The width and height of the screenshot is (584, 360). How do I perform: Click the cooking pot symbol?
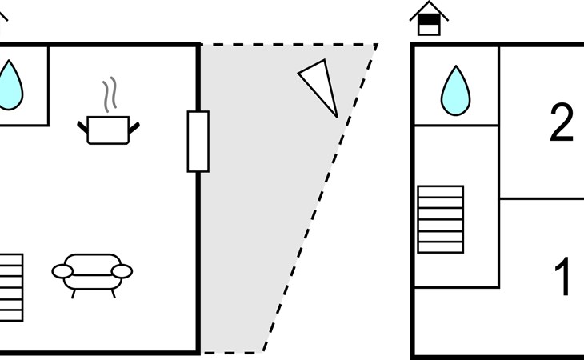[108, 130]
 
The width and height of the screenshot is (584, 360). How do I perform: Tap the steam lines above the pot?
[110, 94]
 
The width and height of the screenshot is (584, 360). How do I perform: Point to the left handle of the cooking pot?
[82, 127]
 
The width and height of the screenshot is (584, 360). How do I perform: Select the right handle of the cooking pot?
[134, 128]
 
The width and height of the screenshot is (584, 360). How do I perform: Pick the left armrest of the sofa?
[62, 271]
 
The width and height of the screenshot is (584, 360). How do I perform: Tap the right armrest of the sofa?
[122, 271]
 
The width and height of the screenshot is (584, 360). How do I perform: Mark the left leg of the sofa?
[74, 294]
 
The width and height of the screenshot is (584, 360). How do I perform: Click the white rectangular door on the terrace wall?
[198, 142]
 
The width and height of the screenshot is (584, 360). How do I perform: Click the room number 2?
[562, 122]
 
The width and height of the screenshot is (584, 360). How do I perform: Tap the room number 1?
[563, 276]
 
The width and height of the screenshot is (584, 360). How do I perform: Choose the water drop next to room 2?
[455, 90]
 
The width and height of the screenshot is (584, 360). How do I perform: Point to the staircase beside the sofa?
[11, 287]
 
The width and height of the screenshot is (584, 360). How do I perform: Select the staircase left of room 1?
[441, 219]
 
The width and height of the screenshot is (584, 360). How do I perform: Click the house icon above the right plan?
[429, 18]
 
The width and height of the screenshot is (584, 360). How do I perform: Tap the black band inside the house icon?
[429, 19]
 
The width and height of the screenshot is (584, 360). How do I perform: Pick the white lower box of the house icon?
[429, 30]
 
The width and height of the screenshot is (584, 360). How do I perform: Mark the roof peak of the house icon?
[429, 2]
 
